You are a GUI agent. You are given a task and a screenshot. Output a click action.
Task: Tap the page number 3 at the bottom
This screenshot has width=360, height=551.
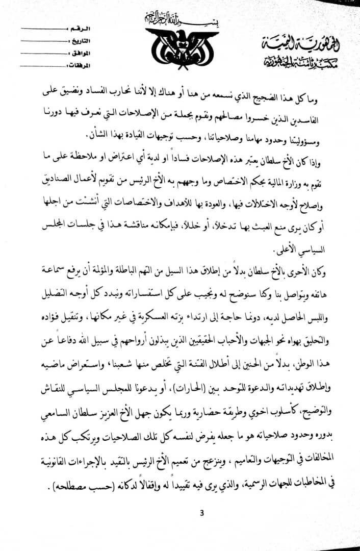click(x=201, y=512)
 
